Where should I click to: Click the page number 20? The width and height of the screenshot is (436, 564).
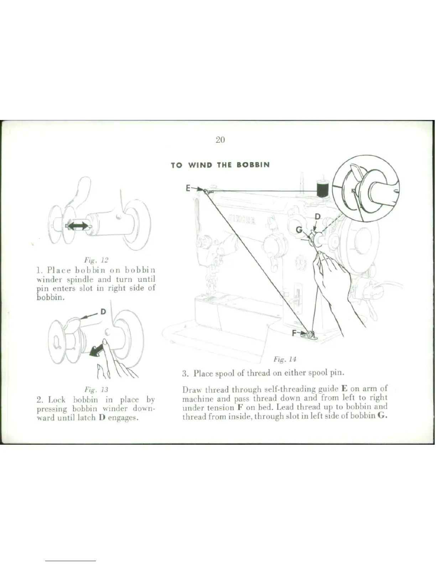click(220, 140)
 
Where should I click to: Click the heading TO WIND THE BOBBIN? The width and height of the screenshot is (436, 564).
click(220, 165)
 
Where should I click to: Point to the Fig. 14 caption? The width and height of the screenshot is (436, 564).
click(285, 359)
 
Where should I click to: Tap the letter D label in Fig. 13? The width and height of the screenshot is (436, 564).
click(103, 312)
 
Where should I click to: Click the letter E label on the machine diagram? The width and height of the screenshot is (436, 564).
click(188, 188)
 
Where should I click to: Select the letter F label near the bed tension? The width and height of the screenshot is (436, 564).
click(294, 333)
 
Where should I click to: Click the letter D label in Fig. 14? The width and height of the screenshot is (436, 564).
click(317, 216)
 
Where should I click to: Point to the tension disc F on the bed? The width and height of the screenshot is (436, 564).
click(309, 334)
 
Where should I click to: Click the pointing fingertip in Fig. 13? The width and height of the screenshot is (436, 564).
click(105, 342)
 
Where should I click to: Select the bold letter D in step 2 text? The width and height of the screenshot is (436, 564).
click(101, 417)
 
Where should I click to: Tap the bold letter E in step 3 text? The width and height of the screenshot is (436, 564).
click(344, 388)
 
